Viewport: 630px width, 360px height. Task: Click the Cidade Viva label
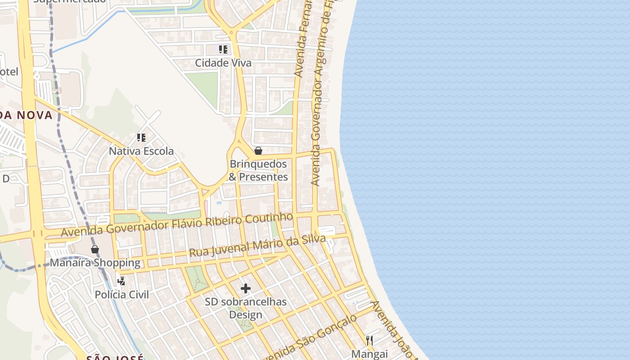tap(223, 63)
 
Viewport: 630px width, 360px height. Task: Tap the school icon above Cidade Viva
tap(223, 49)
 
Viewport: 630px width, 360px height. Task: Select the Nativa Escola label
tap(141, 151)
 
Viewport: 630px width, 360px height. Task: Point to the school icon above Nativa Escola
tap(141, 137)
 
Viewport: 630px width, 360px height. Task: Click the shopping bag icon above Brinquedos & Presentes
tap(258, 151)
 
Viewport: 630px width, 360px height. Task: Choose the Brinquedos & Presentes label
tap(258, 171)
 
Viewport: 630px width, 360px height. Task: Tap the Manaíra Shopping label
tap(95, 263)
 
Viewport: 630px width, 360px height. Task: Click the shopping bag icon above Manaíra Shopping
tap(95, 249)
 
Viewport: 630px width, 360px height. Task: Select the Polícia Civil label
tap(121, 295)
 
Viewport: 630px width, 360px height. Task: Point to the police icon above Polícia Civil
tap(121, 281)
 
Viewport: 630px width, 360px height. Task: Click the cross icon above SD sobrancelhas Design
tap(246, 288)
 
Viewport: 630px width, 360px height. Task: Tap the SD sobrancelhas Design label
tap(246, 308)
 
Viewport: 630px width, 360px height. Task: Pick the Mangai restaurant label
tap(369, 354)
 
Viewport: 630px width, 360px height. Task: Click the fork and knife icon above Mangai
tap(369, 340)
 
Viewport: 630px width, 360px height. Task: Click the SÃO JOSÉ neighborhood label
tap(115, 357)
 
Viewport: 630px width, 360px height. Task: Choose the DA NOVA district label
tap(26, 115)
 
